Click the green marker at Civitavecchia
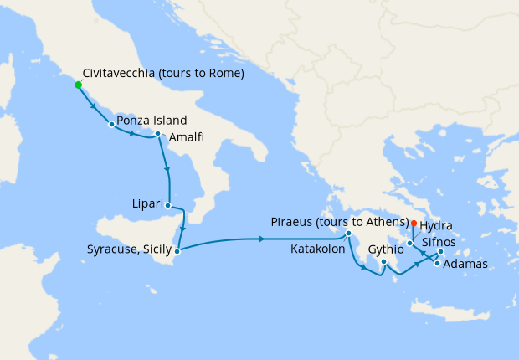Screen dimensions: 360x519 pos(78,85)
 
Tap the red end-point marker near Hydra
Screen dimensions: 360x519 pos(414,223)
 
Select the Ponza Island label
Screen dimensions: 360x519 pos(152,121)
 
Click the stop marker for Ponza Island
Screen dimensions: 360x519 pos(111,125)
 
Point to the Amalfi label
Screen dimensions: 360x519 pos(185,137)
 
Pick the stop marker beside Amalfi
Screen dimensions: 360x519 pos(157,133)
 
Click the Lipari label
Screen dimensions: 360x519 pos(147,203)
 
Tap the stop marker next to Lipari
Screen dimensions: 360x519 pos(168,205)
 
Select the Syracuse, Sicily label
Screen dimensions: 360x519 pos(128,249)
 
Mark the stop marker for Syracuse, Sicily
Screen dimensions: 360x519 pos(177,249)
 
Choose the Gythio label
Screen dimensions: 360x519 pos(385,249)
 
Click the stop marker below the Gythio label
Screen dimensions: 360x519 pos(383,262)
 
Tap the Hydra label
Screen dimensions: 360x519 pos(436,225)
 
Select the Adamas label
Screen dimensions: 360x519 pos(465,265)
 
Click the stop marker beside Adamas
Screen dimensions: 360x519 pos(437,263)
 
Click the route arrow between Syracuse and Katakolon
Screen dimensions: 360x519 pos(262,239)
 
